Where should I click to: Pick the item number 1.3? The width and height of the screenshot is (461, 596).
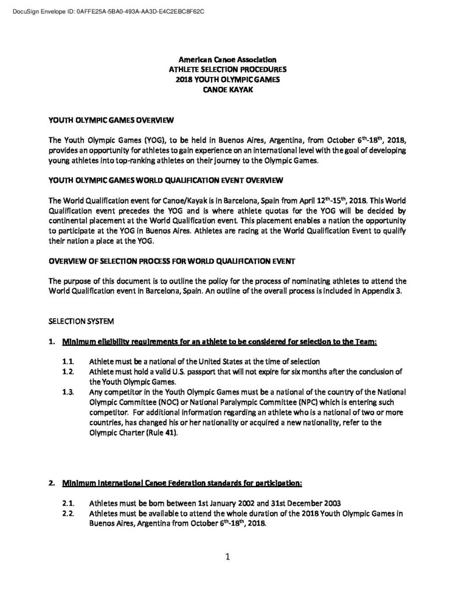pyautogui.click(x=68, y=392)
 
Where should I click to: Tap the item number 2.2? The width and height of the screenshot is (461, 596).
pyautogui.click(x=68, y=513)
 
